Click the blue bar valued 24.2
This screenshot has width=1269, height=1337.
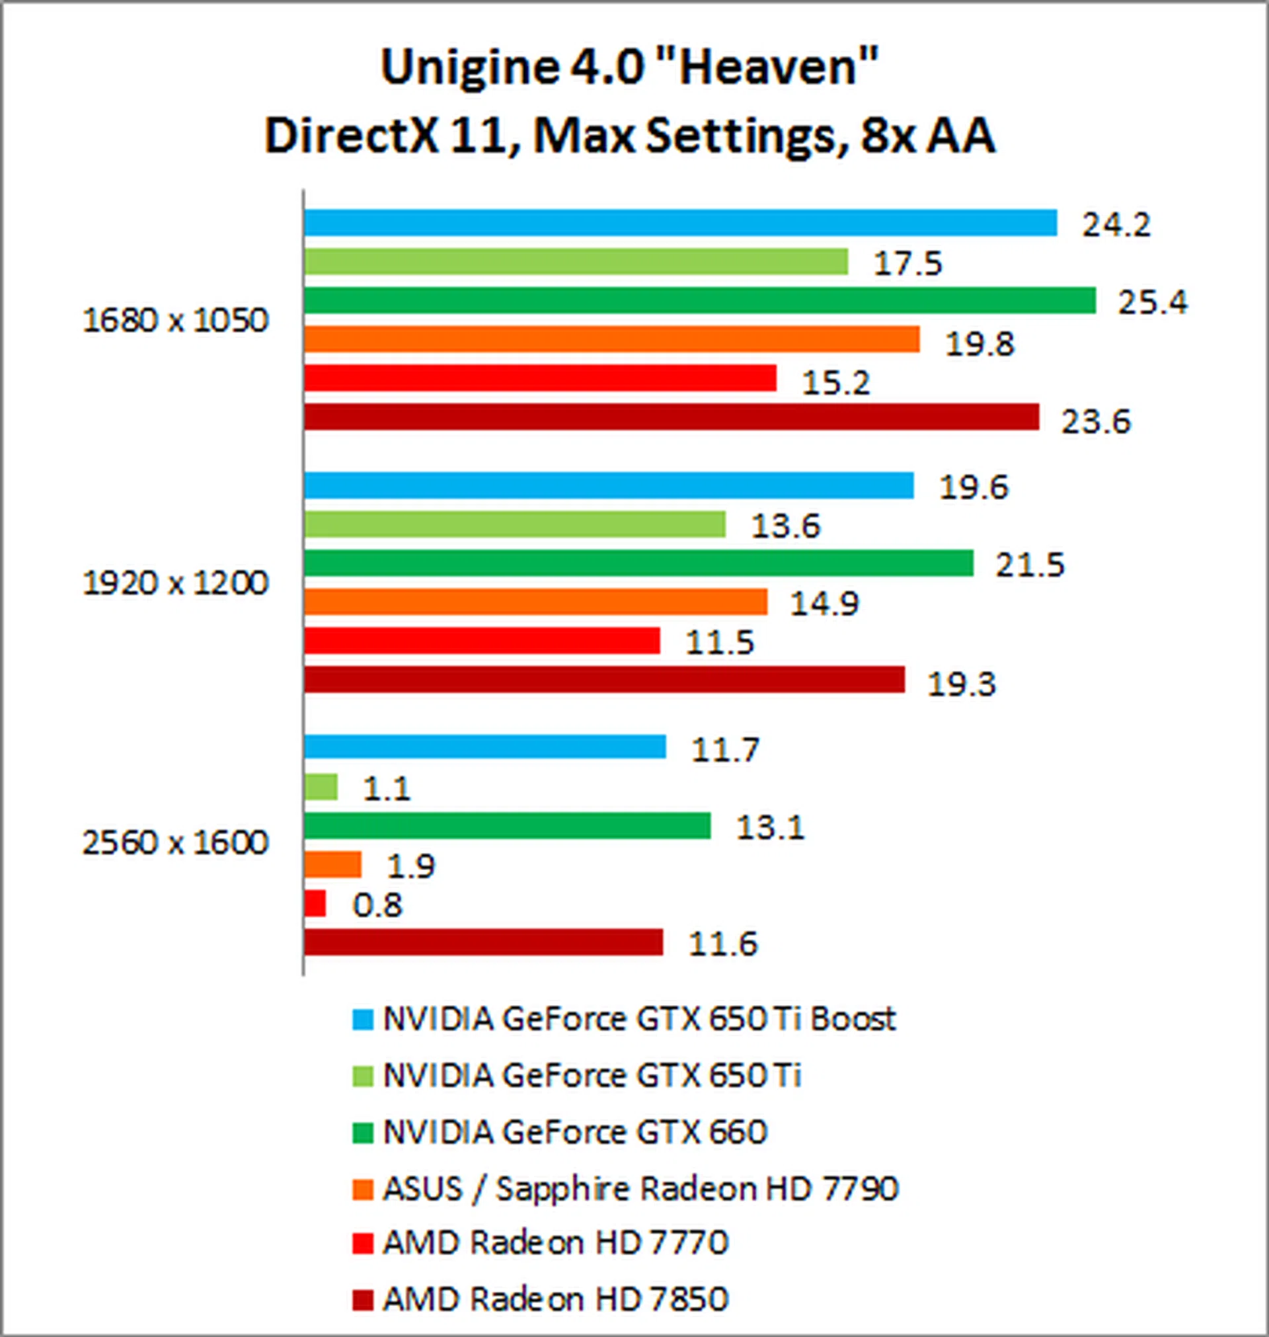680,223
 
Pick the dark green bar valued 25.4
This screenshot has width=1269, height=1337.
699,300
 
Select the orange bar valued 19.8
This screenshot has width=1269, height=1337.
611,339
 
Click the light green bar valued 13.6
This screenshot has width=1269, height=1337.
515,524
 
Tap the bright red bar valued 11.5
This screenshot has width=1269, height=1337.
482,641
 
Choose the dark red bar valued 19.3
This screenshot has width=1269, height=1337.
604,679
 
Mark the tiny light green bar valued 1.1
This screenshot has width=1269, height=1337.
321,787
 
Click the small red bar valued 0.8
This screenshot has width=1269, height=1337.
315,903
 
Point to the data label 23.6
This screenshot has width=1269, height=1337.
1096,423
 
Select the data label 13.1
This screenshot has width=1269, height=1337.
771,827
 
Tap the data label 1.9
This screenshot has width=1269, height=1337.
410,867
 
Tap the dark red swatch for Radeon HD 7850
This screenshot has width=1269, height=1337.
364,1300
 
